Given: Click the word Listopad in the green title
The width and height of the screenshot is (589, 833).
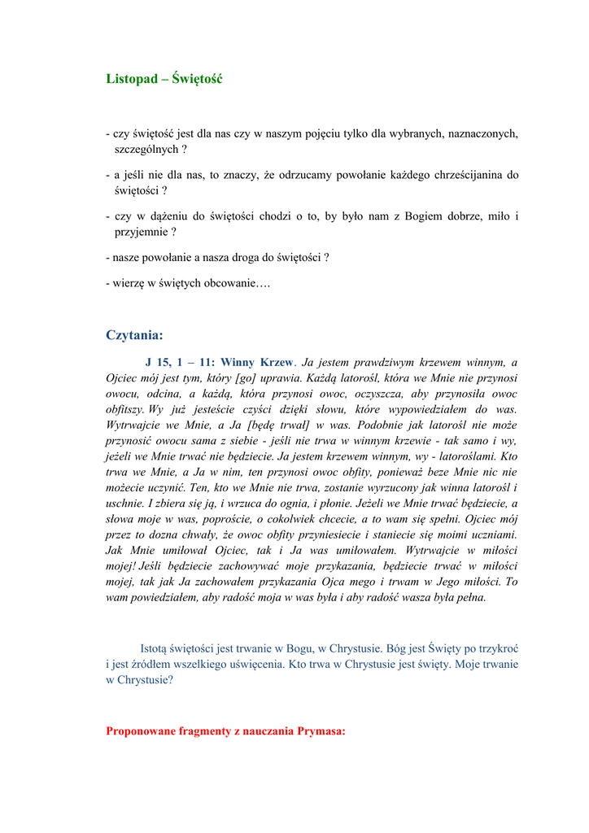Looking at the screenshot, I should pyautogui.click(x=131, y=79).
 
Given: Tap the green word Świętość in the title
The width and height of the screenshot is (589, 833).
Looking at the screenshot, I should pyautogui.click(x=198, y=79).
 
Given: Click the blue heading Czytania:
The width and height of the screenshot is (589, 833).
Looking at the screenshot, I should pyautogui.click(x=134, y=335).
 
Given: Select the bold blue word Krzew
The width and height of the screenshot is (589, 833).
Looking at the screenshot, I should pyautogui.click(x=276, y=363).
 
